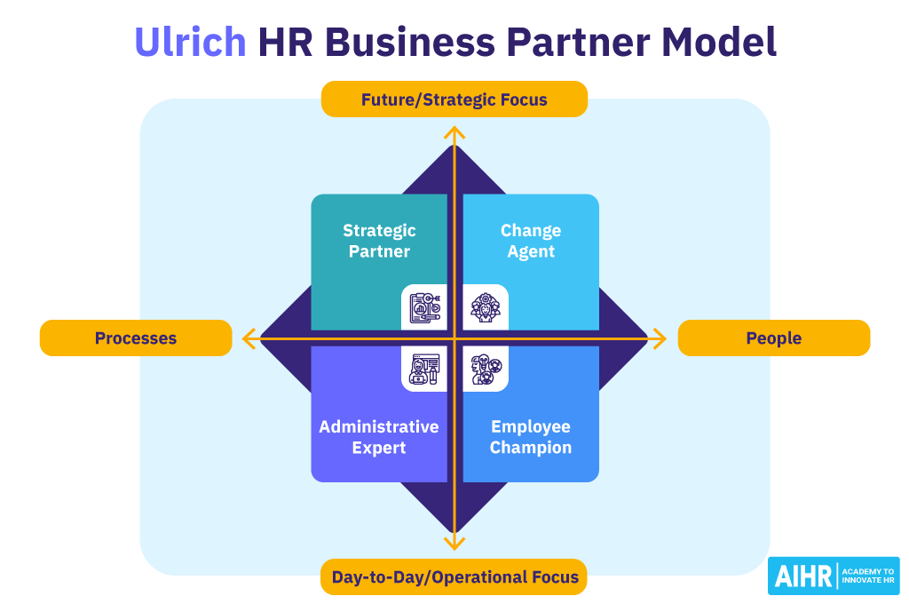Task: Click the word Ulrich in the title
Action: point(190,42)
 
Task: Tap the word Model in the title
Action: point(718,42)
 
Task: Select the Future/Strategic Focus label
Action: point(454,99)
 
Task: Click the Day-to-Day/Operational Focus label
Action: point(454,576)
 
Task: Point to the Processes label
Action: point(136,338)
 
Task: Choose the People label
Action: point(774,338)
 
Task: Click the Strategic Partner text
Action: point(379,241)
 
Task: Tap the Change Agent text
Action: point(531,241)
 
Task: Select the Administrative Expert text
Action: point(379,437)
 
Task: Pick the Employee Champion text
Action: point(531,437)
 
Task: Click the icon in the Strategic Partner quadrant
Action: point(424,307)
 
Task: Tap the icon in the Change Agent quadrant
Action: point(486,307)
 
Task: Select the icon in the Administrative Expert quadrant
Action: point(424,369)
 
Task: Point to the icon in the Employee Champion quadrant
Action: point(486,369)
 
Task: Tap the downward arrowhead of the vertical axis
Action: point(454,544)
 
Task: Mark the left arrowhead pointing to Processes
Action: point(249,338)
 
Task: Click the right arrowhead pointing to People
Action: point(660,338)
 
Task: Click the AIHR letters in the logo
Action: point(802,576)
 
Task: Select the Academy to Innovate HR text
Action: point(868,576)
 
